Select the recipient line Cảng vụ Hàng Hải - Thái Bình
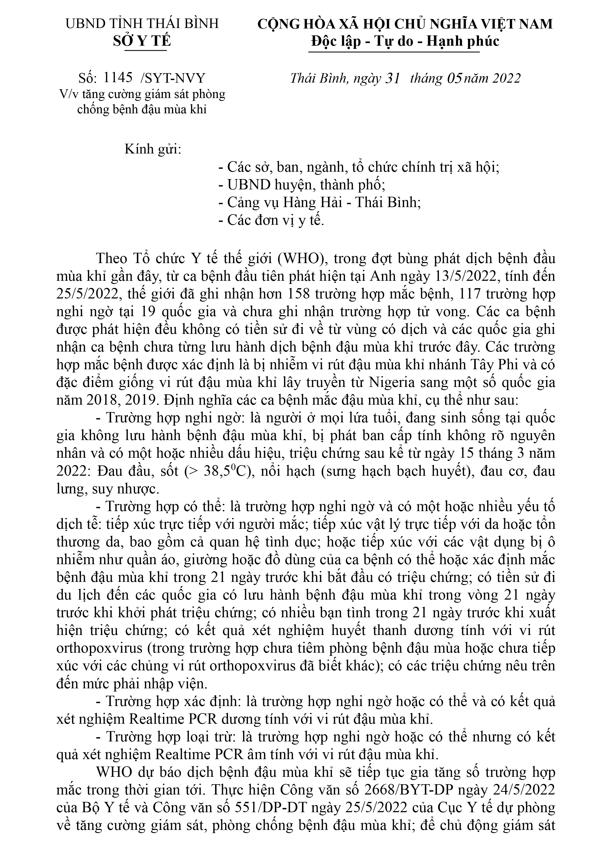click(320, 203)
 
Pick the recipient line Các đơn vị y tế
click(271, 220)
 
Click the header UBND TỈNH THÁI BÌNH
click(142, 24)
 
